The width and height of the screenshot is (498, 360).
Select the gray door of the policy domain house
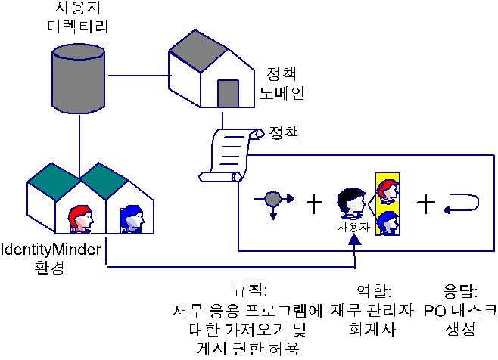point(229,93)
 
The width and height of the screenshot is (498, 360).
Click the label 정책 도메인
point(282,83)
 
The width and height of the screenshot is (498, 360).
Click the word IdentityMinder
point(52,249)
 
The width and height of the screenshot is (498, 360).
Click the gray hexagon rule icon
point(273,200)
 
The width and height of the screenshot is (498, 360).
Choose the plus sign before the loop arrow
point(426,203)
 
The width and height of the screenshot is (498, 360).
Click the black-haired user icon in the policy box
point(351,203)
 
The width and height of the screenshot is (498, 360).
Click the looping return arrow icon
point(461,204)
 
